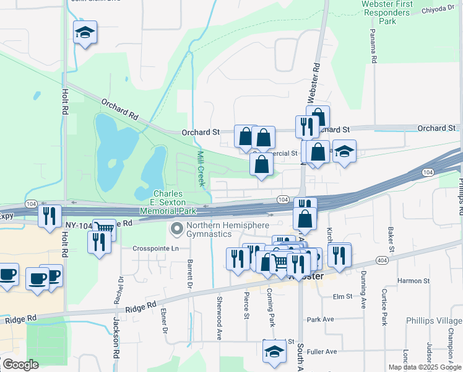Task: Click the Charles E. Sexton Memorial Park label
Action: click(168, 202)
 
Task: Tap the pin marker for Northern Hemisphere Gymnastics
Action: click(177, 229)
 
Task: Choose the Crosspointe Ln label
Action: click(155, 249)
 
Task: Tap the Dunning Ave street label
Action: click(363, 293)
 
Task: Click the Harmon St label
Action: click(414, 280)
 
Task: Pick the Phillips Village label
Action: click(434, 321)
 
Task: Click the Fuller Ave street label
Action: click(322, 352)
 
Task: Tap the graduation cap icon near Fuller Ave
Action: click(272, 352)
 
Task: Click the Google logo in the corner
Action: click(20, 365)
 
